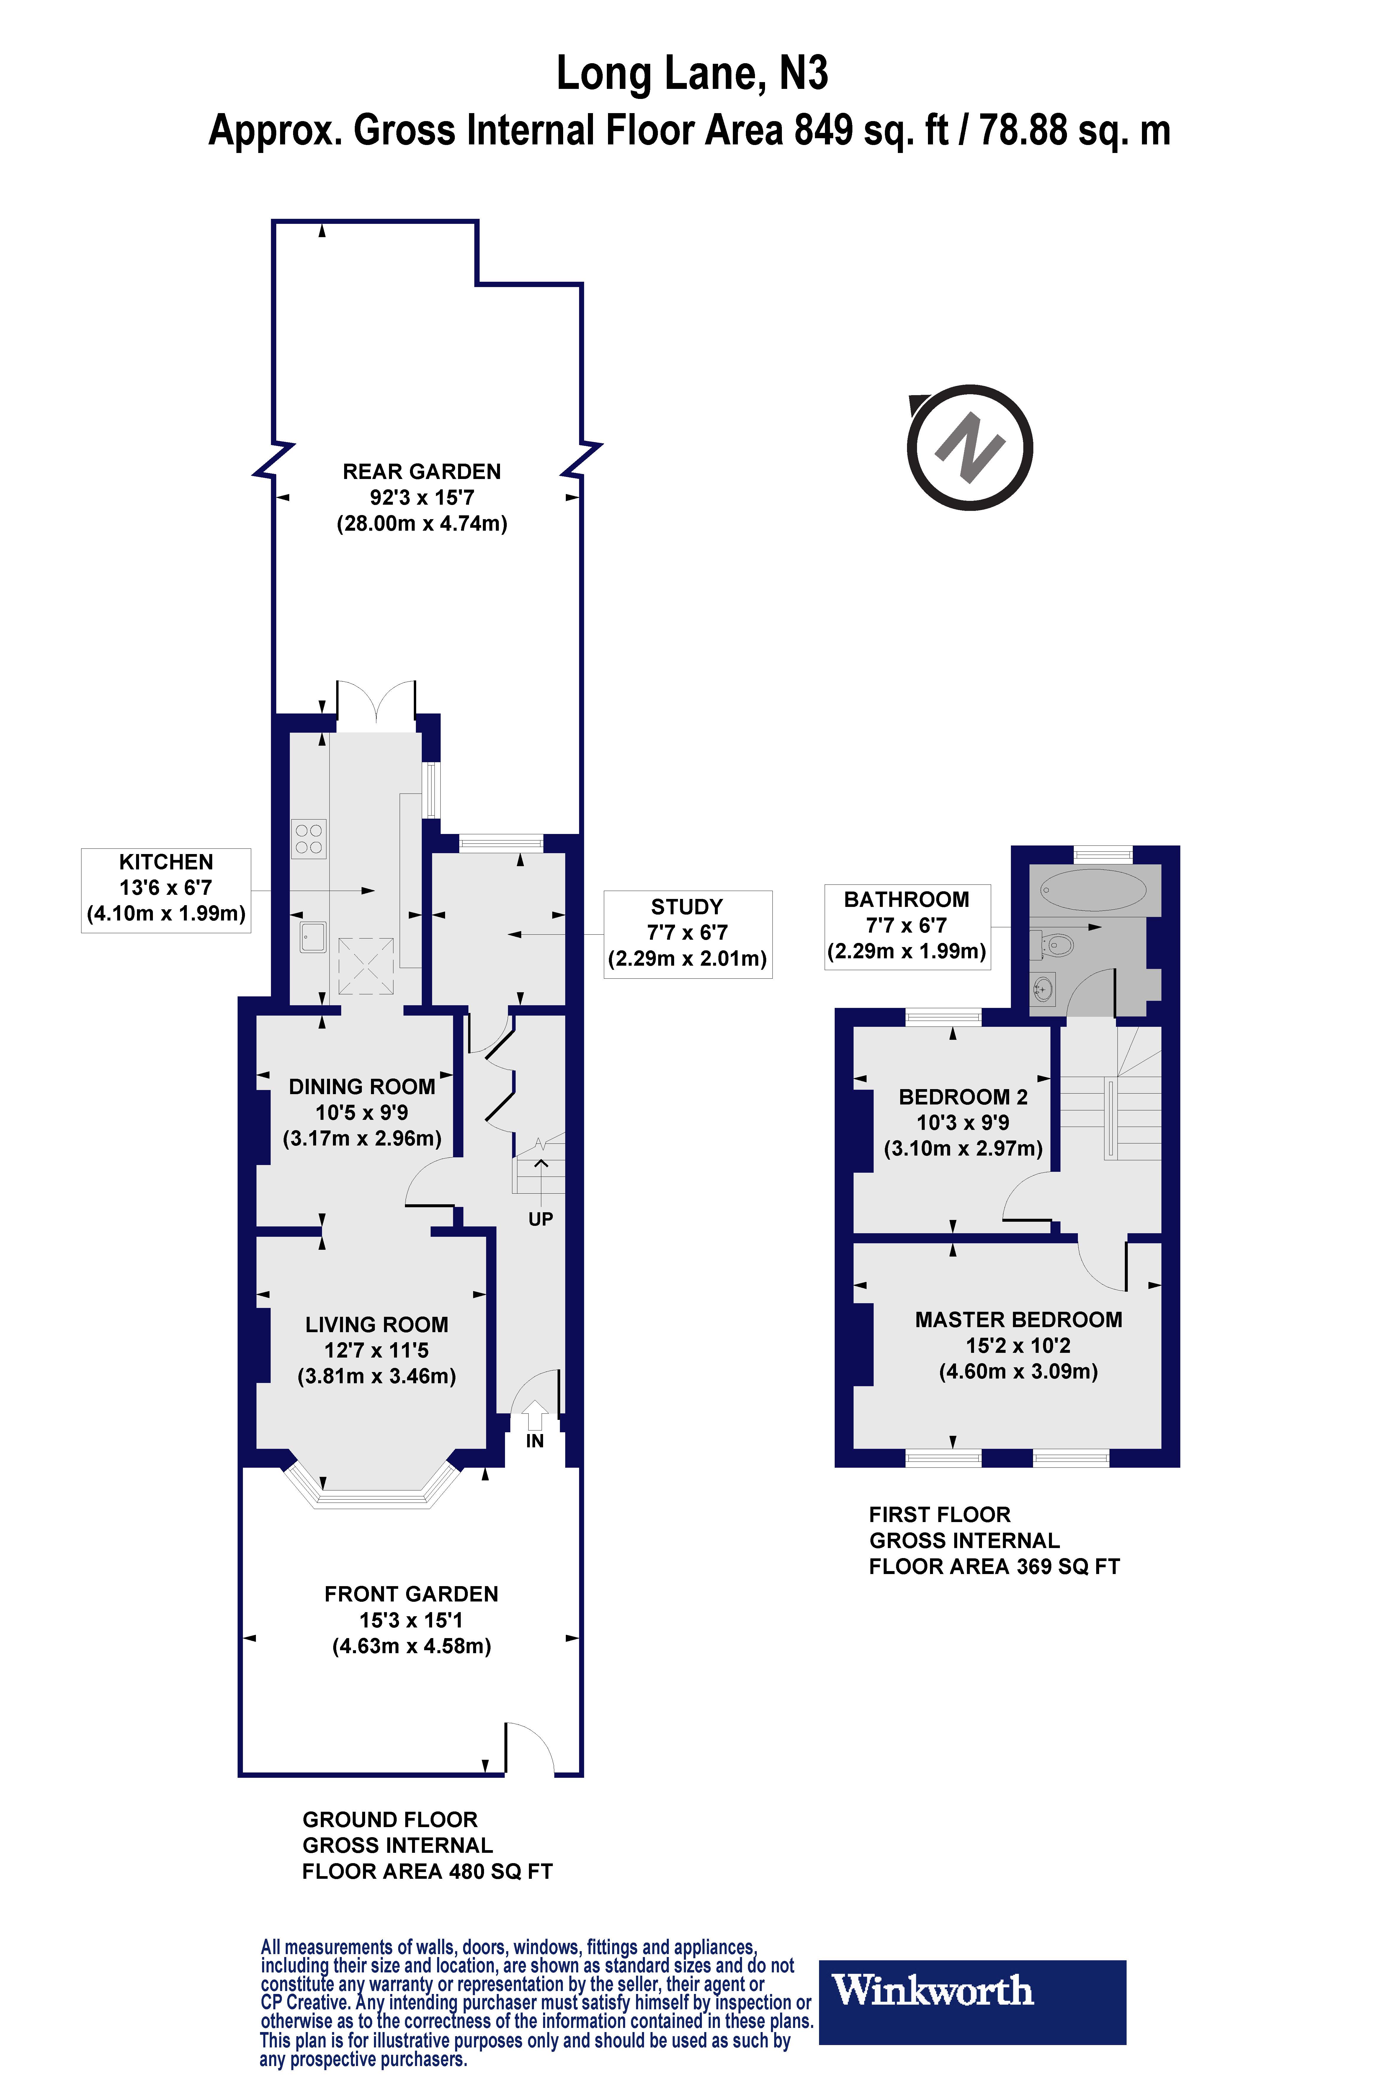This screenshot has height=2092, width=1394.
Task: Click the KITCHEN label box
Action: pyautogui.click(x=166, y=889)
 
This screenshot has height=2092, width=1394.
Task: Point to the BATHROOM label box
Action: pyautogui.click(x=907, y=926)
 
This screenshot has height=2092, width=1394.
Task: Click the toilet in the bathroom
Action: pyautogui.click(x=1056, y=945)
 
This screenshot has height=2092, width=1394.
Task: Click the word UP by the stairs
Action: pyautogui.click(x=540, y=1219)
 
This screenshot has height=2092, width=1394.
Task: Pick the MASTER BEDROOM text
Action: pyautogui.click(x=1019, y=1320)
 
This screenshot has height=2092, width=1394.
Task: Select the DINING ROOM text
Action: pyautogui.click(x=362, y=1087)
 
